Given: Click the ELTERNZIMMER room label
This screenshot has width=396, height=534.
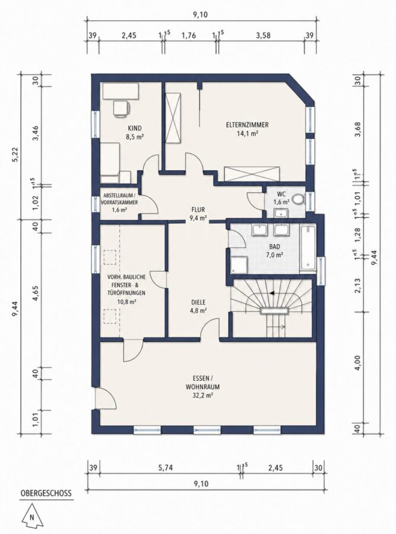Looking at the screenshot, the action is coord(247,125).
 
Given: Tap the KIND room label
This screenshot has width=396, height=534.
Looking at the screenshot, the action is coord(135,128).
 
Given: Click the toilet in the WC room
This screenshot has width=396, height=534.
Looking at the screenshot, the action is coord(299,199).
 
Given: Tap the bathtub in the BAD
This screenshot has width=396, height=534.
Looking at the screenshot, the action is coord(308,249).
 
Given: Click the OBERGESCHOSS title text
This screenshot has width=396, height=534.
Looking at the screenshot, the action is coord(46,493).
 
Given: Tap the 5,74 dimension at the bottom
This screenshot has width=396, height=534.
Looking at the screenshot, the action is coord(166,468).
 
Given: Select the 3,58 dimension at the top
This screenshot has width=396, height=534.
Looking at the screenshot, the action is coord(263,36).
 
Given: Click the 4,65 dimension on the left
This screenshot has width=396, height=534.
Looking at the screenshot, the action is coord(36,293).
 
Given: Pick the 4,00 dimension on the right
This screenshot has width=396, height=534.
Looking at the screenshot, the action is coord(357,363).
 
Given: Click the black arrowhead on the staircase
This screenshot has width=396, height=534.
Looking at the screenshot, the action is coord(272,293).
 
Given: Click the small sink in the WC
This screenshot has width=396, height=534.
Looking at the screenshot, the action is coord(281,213).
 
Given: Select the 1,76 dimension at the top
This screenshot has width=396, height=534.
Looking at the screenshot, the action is coord(188,36).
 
